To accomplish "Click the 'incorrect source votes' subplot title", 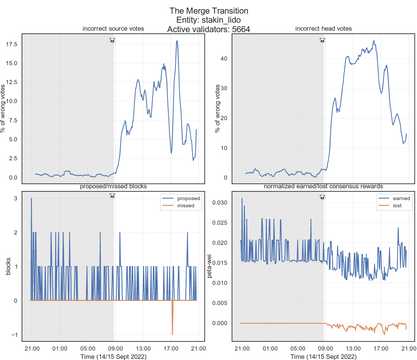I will pyautogui.click(x=113, y=29).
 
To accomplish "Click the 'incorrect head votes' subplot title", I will pyautogui.click(x=323, y=29).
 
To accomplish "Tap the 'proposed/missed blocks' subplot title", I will pyautogui.click(x=113, y=186).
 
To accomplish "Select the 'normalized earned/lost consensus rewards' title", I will pyautogui.click(x=323, y=186).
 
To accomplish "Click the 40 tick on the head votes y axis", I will pyautogui.click(x=224, y=58).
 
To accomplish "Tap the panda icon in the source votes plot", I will pyautogui.click(x=112, y=40).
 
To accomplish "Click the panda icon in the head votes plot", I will pyautogui.click(x=322, y=40).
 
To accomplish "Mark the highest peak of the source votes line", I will pyautogui.click(x=177, y=41).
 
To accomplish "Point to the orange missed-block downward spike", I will pyautogui.click(x=172, y=333).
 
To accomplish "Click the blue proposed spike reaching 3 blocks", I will pyautogui.click(x=31, y=199).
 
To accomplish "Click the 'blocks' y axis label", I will pyautogui.click(x=8, y=266).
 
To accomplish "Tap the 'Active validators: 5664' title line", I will pyautogui.click(x=208, y=29).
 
